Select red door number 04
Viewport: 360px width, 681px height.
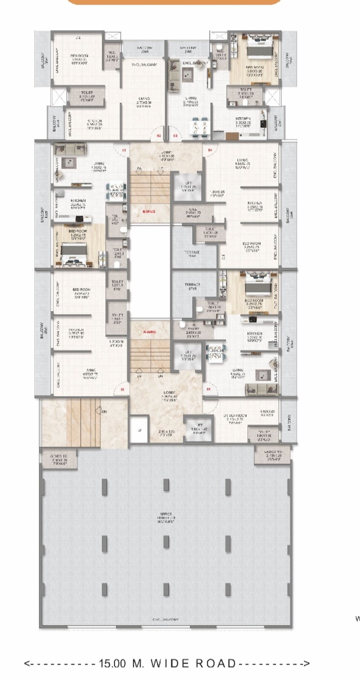click(x=210, y=150)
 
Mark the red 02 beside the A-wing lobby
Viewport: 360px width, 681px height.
click(x=123, y=389)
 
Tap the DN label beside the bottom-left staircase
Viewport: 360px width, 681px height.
click(x=104, y=411)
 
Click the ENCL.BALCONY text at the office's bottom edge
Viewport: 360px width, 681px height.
click(x=166, y=619)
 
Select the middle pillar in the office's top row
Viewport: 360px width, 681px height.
click(x=166, y=485)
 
